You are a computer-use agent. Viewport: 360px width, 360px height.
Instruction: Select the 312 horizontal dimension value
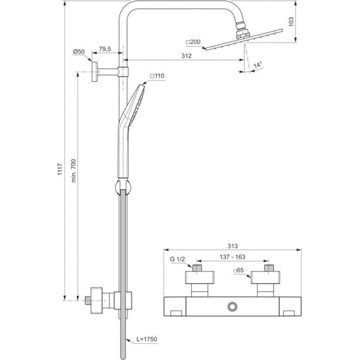(186, 56)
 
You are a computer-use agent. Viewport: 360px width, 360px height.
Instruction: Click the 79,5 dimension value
(107, 49)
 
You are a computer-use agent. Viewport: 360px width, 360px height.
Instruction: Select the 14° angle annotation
(258, 64)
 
